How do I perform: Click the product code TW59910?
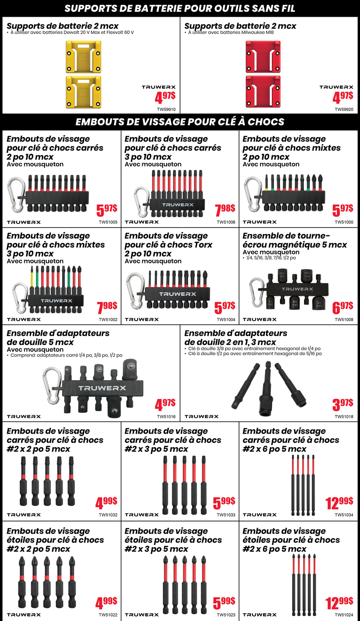[166, 109]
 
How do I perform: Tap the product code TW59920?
[344, 109]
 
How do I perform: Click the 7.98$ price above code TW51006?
[225, 209]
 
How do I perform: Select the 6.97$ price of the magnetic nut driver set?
[342, 308]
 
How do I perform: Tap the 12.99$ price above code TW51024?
[339, 602]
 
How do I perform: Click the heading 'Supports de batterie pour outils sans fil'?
[180, 9]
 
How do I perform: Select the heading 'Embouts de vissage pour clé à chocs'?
[180, 122]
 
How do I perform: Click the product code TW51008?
[344, 319]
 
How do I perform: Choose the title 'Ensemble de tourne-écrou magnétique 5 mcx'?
[294, 240]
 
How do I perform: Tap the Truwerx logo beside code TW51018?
[201, 417]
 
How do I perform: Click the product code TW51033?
[226, 515]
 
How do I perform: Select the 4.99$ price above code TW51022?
[107, 602]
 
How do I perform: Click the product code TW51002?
[108, 319]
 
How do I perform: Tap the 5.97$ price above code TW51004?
[225, 308]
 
